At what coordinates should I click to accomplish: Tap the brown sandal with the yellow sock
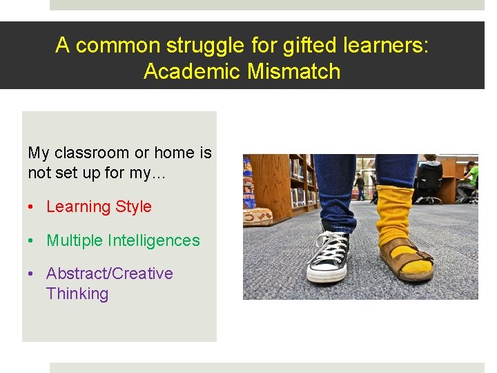pos(408,263)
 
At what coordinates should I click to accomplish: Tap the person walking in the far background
pos(360,185)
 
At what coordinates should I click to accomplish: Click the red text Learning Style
pos(99,207)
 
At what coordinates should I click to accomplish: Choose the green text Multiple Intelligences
pos(123,240)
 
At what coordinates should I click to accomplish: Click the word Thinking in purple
pos(77,294)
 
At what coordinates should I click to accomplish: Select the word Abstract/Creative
pos(110,274)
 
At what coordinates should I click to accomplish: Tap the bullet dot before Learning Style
pos(32,207)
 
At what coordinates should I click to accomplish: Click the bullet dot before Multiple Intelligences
pos(32,241)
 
